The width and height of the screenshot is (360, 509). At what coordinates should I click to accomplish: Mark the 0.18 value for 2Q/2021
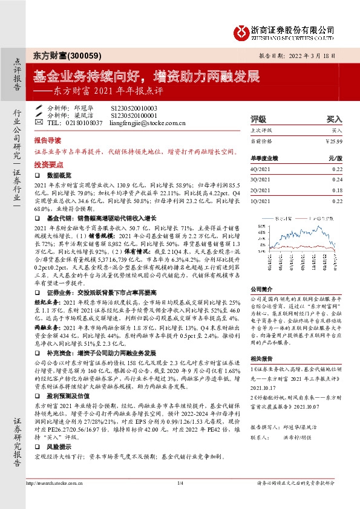338,189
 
